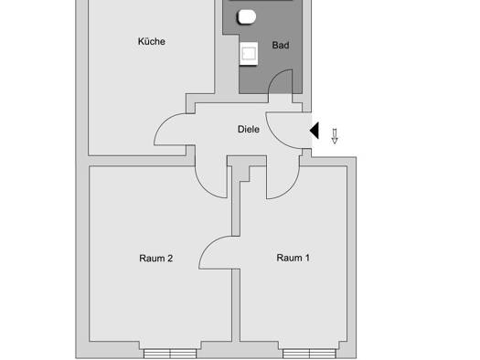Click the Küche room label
(x=152, y=41)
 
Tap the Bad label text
(x=281, y=46)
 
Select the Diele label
(x=249, y=129)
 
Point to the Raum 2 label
(x=155, y=259)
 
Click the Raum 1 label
(x=293, y=258)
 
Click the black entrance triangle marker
(x=315, y=131)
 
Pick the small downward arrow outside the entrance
(x=335, y=136)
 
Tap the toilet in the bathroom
(x=247, y=16)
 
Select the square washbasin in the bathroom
(x=249, y=54)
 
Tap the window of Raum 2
(x=170, y=354)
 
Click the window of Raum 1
(x=309, y=354)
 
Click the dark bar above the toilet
(x=261, y=0)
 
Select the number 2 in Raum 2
(x=170, y=259)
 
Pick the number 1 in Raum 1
(x=307, y=258)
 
